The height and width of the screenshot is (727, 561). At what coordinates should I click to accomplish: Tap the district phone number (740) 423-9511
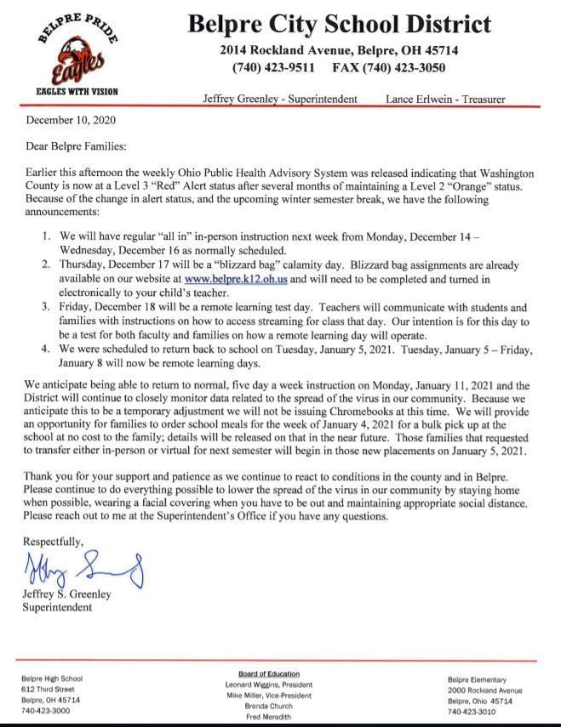[x=273, y=67]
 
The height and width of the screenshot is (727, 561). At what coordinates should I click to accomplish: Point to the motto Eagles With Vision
[x=77, y=91]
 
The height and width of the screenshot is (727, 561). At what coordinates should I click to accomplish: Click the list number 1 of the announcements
[x=48, y=234]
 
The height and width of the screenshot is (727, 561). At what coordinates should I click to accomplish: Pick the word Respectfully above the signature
[x=53, y=541]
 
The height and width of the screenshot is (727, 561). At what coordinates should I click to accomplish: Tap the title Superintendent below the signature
[x=57, y=607]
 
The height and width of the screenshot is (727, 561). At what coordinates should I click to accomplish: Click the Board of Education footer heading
[x=268, y=673]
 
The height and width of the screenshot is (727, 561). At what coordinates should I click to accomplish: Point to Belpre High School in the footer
[x=52, y=678]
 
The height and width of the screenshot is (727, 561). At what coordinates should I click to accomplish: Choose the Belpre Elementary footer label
[x=478, y=679]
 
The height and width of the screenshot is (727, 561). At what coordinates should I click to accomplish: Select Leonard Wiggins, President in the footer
[x=268, y=684]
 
